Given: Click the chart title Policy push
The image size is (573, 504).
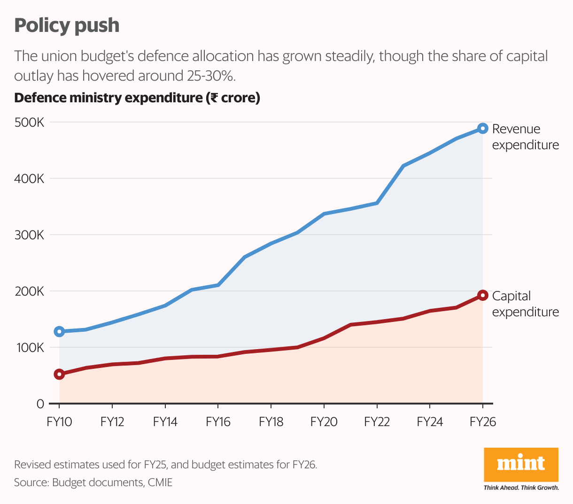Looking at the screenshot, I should pyautogui.click(x=67, y=25).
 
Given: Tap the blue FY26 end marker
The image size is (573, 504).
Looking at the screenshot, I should pyautogui.click(x=482, y=128).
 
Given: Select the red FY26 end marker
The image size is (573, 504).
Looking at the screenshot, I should pyautogui.click(x=482, y=295).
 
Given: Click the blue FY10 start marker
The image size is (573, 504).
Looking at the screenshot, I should pyautogui.click(x=59, y=331).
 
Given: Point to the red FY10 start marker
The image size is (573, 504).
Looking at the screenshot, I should pyautogui.click(x=59, y=374).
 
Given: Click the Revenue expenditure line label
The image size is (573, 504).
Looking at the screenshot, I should pyautogui.click(x=525, y=137).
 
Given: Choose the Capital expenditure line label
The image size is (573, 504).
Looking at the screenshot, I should pyautogui.click(x=525, y=304).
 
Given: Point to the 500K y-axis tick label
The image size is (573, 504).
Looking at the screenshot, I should pyautogui.click(x=29, y=122).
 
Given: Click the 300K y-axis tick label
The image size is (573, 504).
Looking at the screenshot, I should pyautogui.click(x=29, y=235).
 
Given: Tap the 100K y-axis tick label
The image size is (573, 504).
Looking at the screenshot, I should pyautogui.click(x=29, y=348).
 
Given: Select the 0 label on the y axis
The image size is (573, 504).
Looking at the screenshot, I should pyautogui.click(x=40, y=404).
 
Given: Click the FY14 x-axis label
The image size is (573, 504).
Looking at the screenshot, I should pyautogui.click(x=165, y=422).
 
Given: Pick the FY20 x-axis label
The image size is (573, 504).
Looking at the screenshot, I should pyautogui.click(x=324, y=422).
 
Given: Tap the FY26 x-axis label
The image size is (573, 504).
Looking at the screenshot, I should pyautogui.click(x=483, y=422).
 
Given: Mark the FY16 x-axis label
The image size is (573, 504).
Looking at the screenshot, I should pyautogui.click(x=218, y=422).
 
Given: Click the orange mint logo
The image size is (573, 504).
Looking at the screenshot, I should pyautogui.click(x=521, y=464).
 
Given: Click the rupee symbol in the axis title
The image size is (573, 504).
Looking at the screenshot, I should pyautogui.click(x=214, y=98).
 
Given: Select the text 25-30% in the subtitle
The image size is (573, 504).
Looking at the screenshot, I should pyautogui.click(x=208, y=76).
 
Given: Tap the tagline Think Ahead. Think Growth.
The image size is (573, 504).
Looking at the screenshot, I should pyautogui.click(x=521, y=488).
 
